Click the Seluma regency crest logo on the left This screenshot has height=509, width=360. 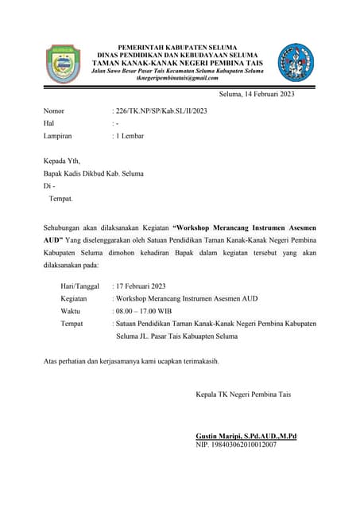pyautogui.click(x=62, y=63)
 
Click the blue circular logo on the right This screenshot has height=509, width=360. pyautogui.click(x=296, y=62)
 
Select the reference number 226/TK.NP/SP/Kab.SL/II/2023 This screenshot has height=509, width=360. pyautogui.click(x=162, y=111)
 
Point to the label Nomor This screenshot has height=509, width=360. pyautogui.click(x=54, y=111)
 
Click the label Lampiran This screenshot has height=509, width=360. pyautogui.click(x=58, y=137)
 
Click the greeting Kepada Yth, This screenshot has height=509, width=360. pyautogui.click(x=62, y=160)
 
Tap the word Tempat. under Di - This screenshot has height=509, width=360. pyautogui.click(x=60, y=198)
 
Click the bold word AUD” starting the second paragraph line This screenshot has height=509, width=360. pyautogui.click(x=53, y=239)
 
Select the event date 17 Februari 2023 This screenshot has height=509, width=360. pyautogui.click(x=141, y=286)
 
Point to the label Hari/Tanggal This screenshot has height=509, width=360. pyautogui.click(x=79, y=286)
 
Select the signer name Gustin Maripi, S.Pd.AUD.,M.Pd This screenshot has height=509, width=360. pyautogui.click(x=246, y=436)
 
